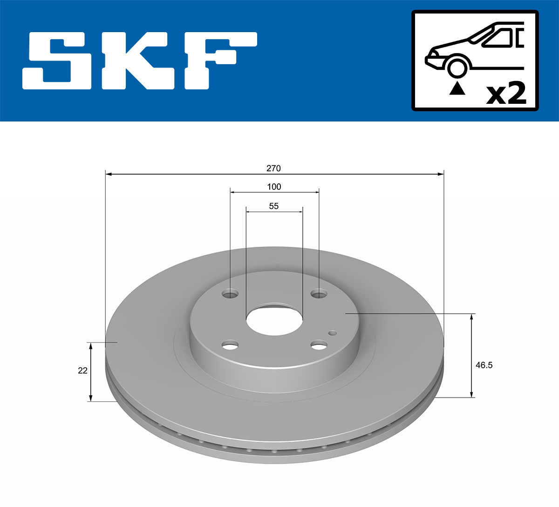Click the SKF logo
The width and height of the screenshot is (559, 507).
click(x=140, y=61)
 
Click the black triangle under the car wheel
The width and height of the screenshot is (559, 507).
click(x=457, y=88)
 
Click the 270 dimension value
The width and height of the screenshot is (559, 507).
click(x=273, y=168)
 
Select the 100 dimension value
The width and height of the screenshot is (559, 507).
click(x=274, y=187)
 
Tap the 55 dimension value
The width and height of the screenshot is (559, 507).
click(x=274, y=206)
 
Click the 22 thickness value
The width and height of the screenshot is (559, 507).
click(x=82, y=371)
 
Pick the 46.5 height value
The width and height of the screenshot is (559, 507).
click(x=484, y=365)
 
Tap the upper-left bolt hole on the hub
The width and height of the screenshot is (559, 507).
click(x=230, y=294)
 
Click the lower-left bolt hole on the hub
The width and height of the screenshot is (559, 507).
click(x=230, y=345)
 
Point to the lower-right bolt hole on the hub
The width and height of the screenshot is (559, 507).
click(x=319, y=345)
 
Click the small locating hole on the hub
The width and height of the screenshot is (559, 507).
click(x=332, y=332)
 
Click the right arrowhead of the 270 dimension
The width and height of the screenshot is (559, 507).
click(x=441, y=174)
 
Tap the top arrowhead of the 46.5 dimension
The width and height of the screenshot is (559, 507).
click(x=472, y=317)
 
